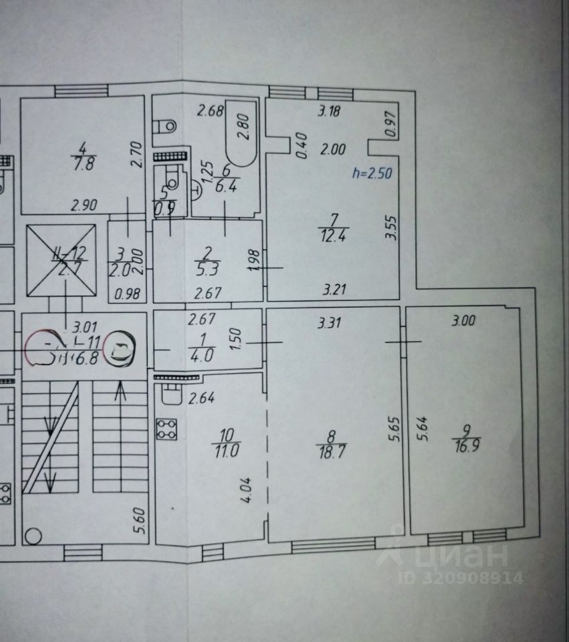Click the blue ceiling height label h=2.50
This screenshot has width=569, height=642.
click(x=371, y=173)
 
